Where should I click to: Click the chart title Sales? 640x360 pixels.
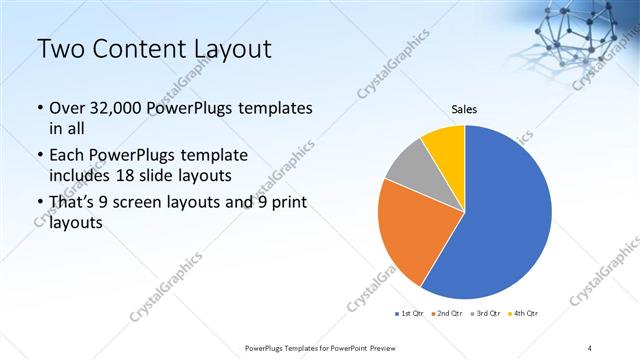[464, 109]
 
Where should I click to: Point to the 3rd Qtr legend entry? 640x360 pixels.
[486, 314]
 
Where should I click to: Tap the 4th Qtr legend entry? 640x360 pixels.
[523, 314]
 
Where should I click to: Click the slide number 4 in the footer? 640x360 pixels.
[590, 348]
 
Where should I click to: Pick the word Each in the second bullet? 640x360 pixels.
[67, 157]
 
